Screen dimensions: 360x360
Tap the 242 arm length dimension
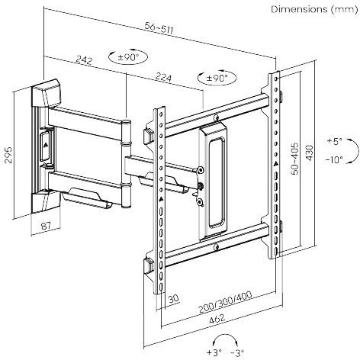tap(85, 59)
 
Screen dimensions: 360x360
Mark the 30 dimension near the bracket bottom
tap(175, 299)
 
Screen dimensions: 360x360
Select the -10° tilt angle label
tap(334, 160)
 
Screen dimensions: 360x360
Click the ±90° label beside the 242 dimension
tap(125, 56)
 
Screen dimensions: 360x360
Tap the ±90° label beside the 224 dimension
tap(217, 78)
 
